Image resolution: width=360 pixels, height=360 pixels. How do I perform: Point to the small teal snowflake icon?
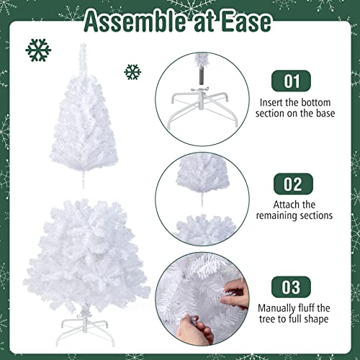[x=132, y=71]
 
